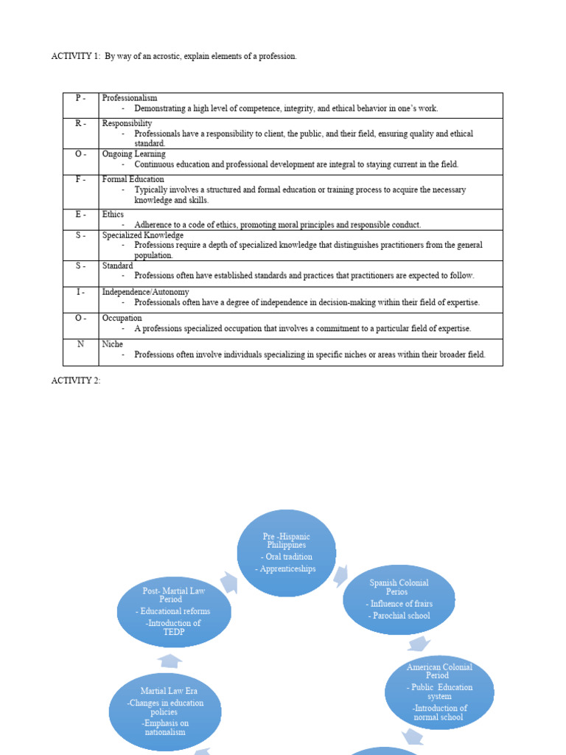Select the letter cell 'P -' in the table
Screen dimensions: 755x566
(80, 98)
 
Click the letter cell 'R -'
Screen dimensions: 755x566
(80, 124)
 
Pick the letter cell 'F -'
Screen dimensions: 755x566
(80, 180)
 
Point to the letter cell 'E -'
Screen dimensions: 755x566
(80, 215)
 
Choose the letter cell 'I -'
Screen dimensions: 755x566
(80, 292)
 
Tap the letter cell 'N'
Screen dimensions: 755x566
(79, 344)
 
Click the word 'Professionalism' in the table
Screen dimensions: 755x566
(130, 98)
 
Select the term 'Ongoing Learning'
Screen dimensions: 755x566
(134, 154)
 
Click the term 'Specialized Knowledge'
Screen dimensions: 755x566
(143, 235)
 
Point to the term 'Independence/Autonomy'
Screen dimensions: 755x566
(146, 292)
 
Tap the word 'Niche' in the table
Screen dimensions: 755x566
(113, 344)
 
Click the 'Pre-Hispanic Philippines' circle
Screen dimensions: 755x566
(287, 553)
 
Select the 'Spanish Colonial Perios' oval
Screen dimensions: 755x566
(399, 599)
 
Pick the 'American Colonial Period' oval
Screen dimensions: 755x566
(439, 691)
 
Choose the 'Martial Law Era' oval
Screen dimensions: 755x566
(165, 711)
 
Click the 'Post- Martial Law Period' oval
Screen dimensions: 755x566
(174, 612)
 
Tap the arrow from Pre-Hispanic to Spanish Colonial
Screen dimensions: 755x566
(341, 575)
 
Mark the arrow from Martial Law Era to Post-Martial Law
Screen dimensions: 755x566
(170, 660)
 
